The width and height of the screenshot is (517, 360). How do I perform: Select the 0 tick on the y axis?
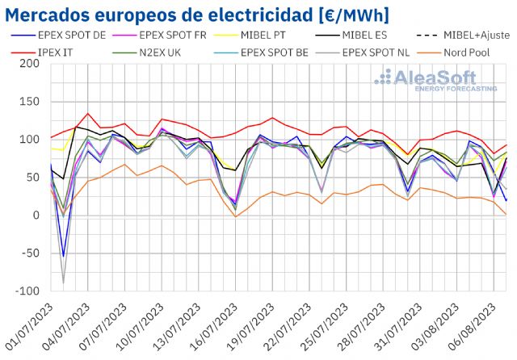pos(36,216)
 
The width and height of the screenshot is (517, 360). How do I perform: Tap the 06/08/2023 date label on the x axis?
pos(476,327)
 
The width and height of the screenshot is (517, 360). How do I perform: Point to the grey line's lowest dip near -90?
pos(63,283)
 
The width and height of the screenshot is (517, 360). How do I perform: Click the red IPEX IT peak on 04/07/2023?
pos(88,114)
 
